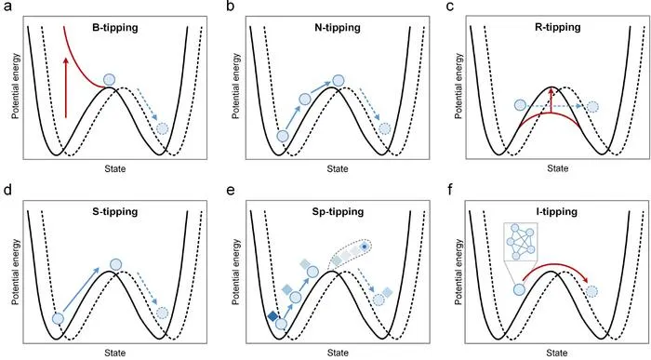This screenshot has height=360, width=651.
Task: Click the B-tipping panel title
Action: click(115, 28)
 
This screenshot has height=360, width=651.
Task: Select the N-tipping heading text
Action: click(338, 28)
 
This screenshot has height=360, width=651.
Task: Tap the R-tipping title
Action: click(558, 28)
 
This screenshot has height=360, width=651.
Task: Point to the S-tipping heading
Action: click(115, 212)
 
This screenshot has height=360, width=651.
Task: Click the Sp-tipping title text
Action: click(338, 212)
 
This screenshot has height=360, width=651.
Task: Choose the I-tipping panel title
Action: click(558, 212)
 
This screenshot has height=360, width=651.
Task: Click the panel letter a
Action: click(7, 7)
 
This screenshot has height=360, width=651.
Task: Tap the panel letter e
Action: click(231, 191)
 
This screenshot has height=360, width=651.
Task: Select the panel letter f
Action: click(450, 190)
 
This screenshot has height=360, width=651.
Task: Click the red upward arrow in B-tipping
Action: click(66, 87)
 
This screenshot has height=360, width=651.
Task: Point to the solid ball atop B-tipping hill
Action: click(109, 80)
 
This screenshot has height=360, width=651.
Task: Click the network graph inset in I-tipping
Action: click(521, 241)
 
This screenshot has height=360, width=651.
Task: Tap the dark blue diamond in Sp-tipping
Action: click(272, 316)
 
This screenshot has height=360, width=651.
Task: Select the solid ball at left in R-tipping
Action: click(520, 105)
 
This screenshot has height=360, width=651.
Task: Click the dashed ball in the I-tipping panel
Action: click(592, 291)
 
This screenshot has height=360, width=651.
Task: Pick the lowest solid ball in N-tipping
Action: click(283, 136)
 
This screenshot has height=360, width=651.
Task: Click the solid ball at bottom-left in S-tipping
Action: click(58, 319)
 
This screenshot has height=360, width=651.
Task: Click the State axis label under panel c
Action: click(557, 168)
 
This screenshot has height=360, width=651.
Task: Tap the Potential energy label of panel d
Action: click(16, 272)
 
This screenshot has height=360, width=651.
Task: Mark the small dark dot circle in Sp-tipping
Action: click(365, 247)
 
